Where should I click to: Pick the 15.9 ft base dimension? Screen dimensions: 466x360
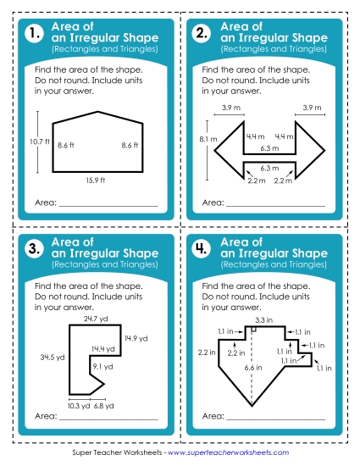[95, 180]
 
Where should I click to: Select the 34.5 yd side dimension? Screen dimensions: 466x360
[54, 358]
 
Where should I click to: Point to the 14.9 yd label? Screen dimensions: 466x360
[136, 338]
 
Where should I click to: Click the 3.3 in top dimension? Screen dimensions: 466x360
[263, 319]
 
